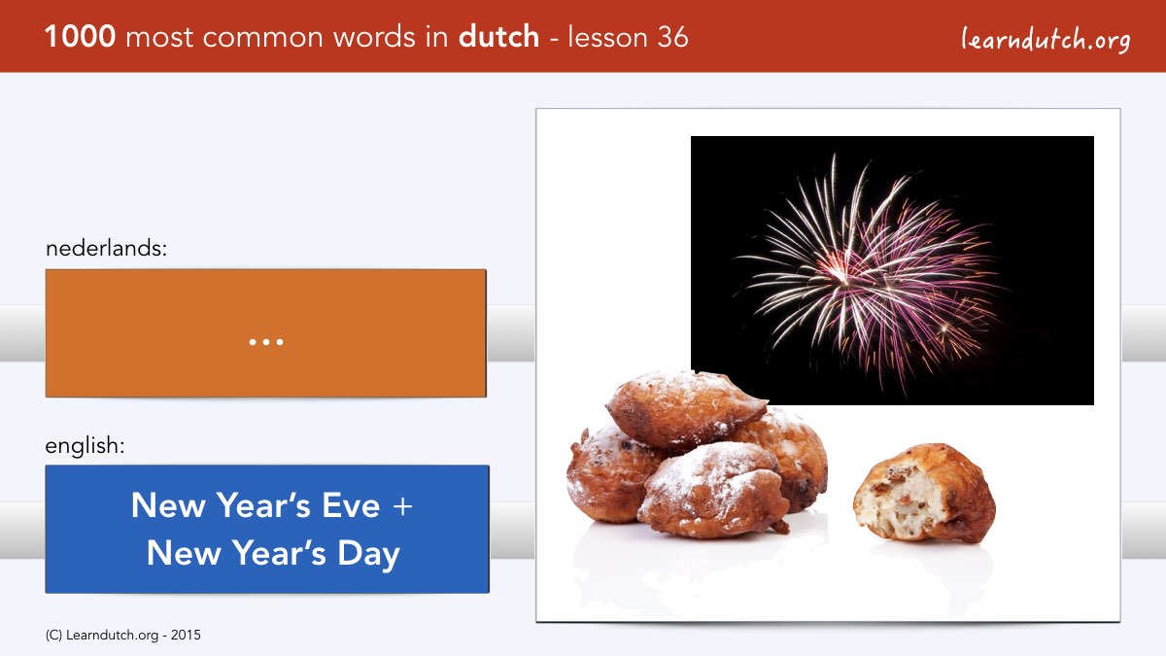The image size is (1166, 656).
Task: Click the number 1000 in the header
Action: pos(80,37)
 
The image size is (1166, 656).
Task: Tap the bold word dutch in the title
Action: pos(498,37)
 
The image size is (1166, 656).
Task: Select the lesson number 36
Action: pos(672,38)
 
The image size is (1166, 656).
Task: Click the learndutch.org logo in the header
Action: pos(1046,40)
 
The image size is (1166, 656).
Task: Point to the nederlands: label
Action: pos(106,249)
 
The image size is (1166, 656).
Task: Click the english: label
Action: pos(85,446)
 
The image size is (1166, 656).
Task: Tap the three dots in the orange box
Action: pos(266,342)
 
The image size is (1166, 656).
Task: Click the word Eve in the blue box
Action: pos(351,505)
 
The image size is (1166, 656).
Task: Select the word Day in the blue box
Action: pos(368,554)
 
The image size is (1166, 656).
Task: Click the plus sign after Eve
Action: pos(403,506)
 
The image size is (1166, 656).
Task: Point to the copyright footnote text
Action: pos(122,636)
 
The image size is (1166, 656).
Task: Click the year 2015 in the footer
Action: pos(186,636)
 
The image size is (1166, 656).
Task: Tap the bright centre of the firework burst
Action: pos(840,272)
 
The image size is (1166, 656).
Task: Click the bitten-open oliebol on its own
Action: pos(924,493)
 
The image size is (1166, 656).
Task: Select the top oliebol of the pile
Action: pos(684,409)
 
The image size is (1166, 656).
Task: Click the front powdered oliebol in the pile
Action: pos(714,491)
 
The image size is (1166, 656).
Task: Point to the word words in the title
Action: pos(375,38)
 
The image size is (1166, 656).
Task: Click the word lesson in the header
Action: pos(607,38)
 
